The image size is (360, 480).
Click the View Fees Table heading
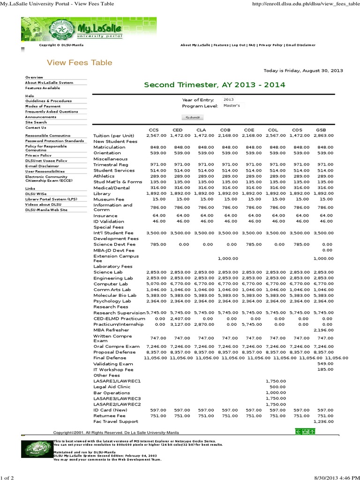pos(79,62)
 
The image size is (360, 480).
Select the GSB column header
pos(321,129)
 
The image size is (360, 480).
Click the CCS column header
pos(154,129)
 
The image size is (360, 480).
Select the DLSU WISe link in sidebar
pos(37,194)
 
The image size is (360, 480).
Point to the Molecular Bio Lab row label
pos(115,295)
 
